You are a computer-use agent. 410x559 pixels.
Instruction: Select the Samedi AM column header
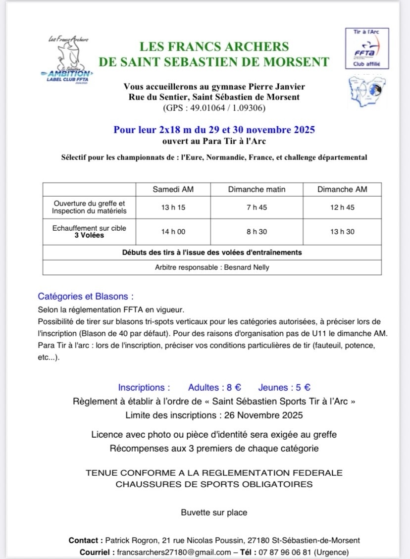(173, 189)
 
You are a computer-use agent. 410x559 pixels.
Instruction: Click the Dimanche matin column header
(256, 189)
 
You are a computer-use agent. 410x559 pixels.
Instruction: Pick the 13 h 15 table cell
(173, 207)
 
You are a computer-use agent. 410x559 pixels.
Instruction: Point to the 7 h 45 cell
(256, 207)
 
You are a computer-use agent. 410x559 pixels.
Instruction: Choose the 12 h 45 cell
(342, 207)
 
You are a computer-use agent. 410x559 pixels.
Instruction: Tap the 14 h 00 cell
(173, 232)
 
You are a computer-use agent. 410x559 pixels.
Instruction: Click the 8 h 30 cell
(256, 232)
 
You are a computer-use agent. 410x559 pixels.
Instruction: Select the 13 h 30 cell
(342, 232)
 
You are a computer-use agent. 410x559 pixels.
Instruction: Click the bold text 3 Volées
(89, 236)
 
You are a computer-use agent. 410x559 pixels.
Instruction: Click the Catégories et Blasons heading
(86, 297)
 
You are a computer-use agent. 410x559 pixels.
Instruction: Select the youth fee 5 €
(298, 388)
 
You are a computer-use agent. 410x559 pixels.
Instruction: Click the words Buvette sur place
(214, 512)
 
